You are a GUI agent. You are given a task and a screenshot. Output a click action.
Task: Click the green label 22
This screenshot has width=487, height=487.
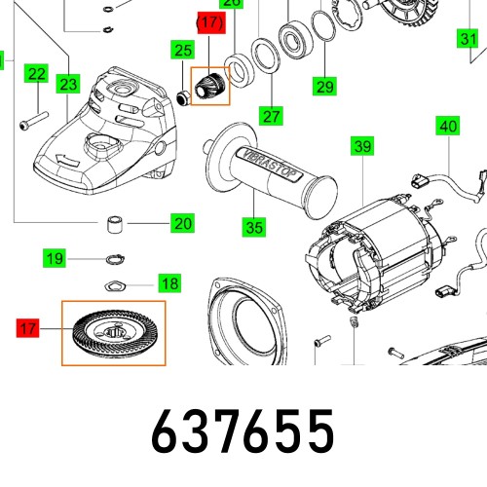pyautogui.click(x=36, y=74)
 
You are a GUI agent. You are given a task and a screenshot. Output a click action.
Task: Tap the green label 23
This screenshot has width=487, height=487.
pyautogui.click(x=66, y=85)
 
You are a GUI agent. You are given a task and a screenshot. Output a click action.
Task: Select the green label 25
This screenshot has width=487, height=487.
pyautogui.click(x=182, y=50)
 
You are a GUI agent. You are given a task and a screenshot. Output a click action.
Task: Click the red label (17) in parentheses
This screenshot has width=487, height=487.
pyautogui.click(x=209, y=20)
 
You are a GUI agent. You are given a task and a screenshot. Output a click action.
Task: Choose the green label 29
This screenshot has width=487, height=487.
pyautogui.click(x=323, y=87)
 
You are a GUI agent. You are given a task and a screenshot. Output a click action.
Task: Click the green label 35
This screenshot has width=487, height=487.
pyautogui.click(x=253, y=228)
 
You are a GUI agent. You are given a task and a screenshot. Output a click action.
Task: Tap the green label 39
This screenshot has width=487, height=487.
pyautogui.click(x=362, y=147)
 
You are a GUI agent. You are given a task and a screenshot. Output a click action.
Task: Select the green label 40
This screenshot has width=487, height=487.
pyautogui.click(x=447, y=127)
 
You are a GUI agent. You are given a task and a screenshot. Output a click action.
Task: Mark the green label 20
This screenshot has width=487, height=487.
pyautogui.click(x=182, y=224)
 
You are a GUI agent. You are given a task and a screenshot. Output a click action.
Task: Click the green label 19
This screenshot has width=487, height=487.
pyautogui.click(x=55, y=258)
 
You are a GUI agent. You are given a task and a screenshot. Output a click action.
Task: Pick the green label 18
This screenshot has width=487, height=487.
pyautogui.click(x=169, y=283)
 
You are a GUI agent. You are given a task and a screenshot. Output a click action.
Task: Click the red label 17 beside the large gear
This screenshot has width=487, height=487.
pyautogui.click(x=28, y=329)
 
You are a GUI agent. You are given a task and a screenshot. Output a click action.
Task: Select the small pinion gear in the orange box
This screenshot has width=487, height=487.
pyautogui.click(x=209, y=86)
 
